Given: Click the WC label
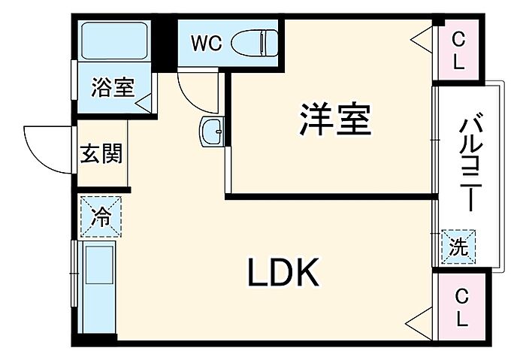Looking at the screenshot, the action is click(207, 44).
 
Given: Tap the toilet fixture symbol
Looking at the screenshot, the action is click(255, 43).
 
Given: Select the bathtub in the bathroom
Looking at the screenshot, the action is click(114, 41).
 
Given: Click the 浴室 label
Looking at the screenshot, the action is click(113, 87).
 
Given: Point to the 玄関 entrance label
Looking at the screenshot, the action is click(101, 153).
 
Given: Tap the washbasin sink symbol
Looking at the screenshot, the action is click(212, 132).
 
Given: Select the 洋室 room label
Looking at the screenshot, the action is click(335, 119).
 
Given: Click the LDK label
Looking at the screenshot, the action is click(283, 272).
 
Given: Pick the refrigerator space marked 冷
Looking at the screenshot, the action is click(101, 216).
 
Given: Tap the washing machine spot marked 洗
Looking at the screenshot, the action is click(458, 247).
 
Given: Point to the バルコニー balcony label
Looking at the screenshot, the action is click(470, 163).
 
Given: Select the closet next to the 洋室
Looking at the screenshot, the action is click(458, 50).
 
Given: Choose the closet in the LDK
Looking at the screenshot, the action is click(462, 307).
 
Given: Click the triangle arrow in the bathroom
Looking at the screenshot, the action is click(144, 103).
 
